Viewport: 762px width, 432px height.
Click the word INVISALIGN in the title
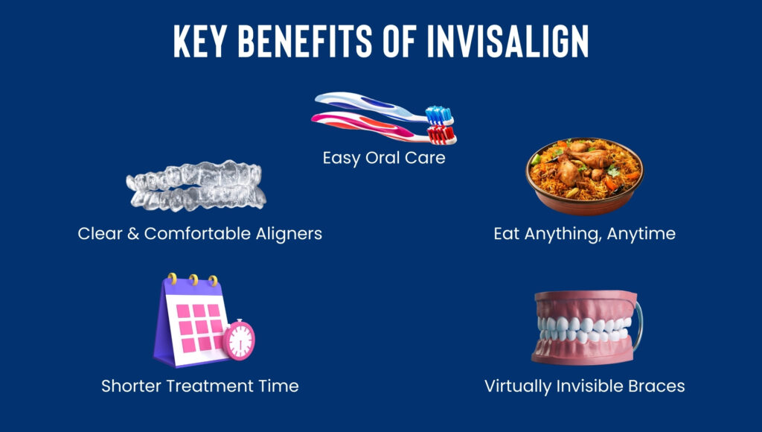[x=508, y=41]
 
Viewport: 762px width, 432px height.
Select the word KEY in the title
[x=199, y=41]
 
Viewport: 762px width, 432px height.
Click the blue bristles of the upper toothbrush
[x=439, y=115]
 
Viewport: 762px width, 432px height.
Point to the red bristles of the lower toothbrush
[x=441, y=135]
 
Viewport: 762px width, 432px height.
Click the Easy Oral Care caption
[x=384, y=158]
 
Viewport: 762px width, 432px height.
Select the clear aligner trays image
[x=196, y=185]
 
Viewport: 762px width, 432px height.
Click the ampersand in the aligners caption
[x=133, y=234]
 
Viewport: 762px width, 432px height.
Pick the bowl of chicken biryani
[x=585, y=176]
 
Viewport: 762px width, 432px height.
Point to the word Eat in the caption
[x=506, y=234]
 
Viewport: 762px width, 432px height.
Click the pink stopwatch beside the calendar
[x=239, y=340]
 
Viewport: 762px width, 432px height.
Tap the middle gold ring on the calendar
[x=193, y=280]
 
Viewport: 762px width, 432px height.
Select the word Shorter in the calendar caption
[x=131, y=386]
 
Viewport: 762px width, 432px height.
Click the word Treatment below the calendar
[x=210, y=386]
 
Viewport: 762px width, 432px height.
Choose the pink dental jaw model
[x=586, y=328]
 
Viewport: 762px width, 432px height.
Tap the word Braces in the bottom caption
[x=656, y=386]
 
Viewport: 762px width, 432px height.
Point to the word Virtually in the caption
[x=518, y=387]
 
